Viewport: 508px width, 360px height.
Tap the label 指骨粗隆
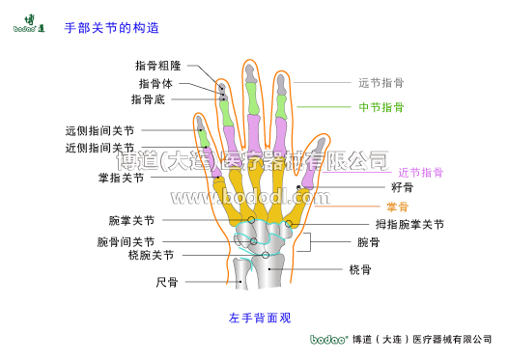point(158,66)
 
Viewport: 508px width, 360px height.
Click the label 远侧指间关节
point(99,131)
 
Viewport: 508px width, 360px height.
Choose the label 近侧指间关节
point(99,149)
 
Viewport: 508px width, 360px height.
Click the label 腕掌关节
point(131,221)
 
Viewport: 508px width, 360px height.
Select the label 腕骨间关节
point(126,241)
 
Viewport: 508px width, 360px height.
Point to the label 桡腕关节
point(151,256)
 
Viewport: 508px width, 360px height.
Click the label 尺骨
point(167,283)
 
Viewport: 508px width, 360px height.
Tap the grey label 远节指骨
point(381,83)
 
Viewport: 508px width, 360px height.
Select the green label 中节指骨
point(381,107)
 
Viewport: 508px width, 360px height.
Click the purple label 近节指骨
point(420,173)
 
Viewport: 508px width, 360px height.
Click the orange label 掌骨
point(397,207)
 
